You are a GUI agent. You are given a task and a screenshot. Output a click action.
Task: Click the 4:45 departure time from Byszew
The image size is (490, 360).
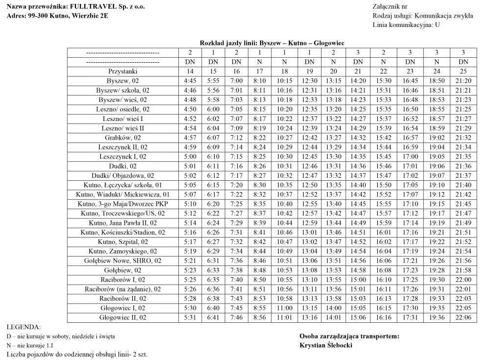[x=189, y=81]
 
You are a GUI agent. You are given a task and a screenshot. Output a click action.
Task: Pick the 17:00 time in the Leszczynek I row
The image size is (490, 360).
[x=410, y=157]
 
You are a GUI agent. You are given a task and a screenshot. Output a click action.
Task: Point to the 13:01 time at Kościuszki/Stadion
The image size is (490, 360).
[x=309, y=232]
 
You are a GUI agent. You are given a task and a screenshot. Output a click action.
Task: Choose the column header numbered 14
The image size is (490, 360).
[x=189, y=72]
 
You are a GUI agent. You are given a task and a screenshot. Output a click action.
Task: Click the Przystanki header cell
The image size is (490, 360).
[x=122, y=72]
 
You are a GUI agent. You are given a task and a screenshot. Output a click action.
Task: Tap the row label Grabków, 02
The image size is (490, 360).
[x=122, y=138]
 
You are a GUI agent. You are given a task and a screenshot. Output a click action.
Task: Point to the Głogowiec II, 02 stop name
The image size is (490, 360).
[x=122, y=317]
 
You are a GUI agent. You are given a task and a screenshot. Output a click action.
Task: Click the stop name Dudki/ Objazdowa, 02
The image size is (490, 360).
[x=122, y=175]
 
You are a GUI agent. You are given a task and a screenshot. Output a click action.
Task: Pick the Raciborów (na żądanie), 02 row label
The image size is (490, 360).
[x=122, y=289]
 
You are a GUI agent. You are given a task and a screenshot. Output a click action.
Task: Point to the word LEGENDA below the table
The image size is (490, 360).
[x=24, y=327]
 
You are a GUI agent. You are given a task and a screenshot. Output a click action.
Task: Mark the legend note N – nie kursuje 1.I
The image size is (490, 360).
[x=37, y=345]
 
